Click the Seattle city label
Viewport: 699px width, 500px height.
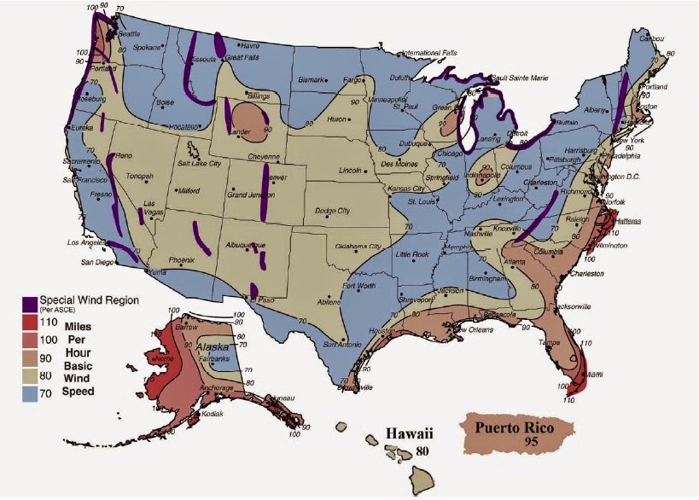(x=129, y=33)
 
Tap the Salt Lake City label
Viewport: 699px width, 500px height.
(x=199, y=163)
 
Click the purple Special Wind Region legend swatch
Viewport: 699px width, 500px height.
(x=30, y=303)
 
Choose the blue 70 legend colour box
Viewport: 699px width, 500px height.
(x=30, y=392)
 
